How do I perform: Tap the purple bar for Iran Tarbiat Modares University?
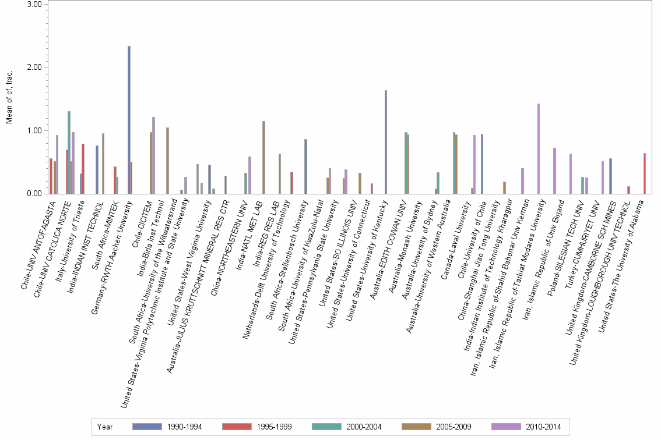pos(539,148)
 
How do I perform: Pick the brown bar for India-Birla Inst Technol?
pos(167,161)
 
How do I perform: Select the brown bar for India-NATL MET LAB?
pos(263,157)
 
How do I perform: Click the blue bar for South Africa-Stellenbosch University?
pos(305,166)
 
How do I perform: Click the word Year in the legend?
pos(106,427)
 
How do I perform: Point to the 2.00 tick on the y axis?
pos(36,68)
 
